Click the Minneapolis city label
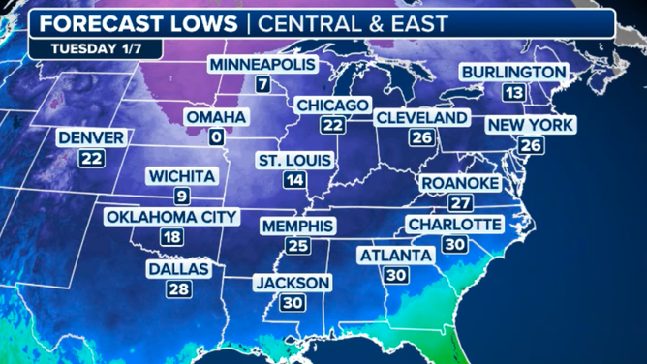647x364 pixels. coord(262,65)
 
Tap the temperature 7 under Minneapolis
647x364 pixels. coord(262,84)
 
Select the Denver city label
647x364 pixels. coord(91,138)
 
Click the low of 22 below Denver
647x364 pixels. coord(91,159)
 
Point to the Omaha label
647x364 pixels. coord(216,117)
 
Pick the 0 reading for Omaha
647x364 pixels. coord(215,137)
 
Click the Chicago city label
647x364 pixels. coord(333,105)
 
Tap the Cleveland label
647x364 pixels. coord(421,118)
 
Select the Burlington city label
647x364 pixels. coord(513,73)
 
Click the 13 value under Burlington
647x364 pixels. coord(513,93)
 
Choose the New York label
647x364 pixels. coord(531,125)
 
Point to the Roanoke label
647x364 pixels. coord(460,183)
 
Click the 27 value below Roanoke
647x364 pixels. coord(460,203)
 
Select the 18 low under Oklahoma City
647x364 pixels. coord(171,237)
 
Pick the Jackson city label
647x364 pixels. coord(293,283)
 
